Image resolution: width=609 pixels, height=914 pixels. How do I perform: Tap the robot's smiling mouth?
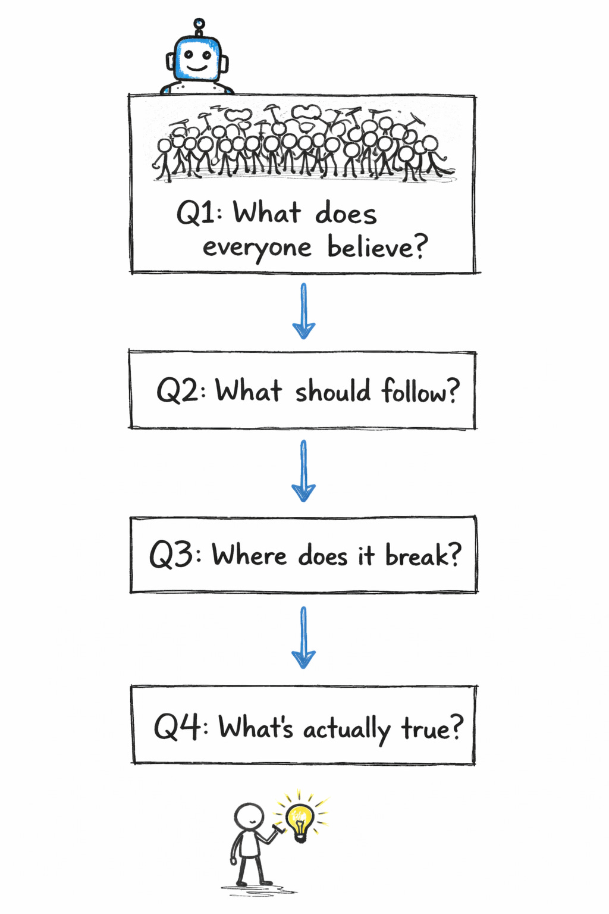197,68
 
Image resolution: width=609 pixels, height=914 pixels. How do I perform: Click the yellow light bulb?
300,820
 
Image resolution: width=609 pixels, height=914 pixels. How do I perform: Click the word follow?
420,391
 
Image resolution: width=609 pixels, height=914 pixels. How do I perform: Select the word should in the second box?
333,392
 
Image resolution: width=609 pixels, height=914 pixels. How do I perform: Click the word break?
423,555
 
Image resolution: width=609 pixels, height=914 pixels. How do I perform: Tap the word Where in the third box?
249,555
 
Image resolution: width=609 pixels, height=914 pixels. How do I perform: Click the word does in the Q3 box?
322,556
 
